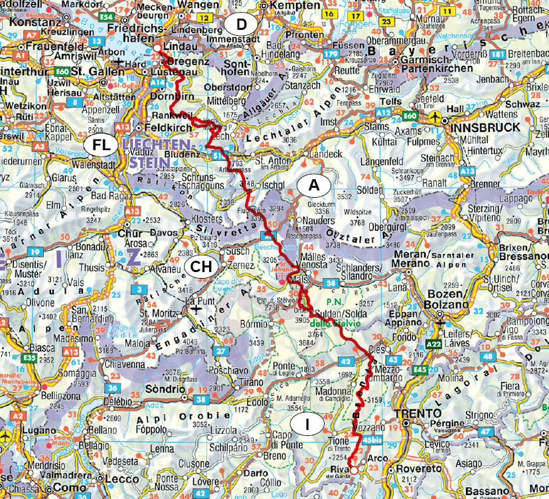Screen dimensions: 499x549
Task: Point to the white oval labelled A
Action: coord(316,186)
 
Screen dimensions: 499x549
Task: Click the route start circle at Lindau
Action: coord(157,48)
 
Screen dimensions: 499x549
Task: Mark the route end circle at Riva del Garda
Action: coord(354,470)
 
